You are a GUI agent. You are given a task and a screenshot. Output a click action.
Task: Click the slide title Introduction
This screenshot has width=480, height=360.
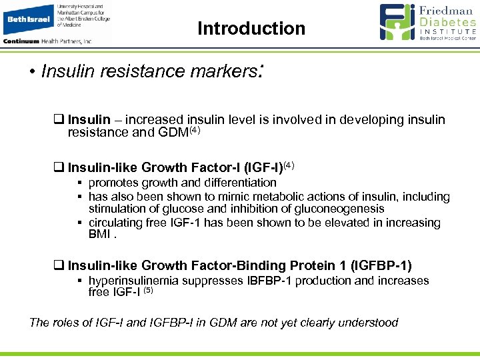(251, 29)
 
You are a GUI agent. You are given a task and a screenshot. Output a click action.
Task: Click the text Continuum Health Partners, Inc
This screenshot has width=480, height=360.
(47, 41)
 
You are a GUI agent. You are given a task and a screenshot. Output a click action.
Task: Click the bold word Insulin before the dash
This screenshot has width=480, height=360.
(89, 120)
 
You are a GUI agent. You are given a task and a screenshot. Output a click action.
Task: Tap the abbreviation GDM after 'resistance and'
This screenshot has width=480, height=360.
(174, 133)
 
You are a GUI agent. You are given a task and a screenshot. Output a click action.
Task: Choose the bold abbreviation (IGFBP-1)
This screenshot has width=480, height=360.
(379, 266)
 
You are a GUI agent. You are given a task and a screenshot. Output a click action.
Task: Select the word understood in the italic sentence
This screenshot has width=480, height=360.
(370, 323)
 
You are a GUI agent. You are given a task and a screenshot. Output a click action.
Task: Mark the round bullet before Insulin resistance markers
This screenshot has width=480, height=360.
(33, 72)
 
